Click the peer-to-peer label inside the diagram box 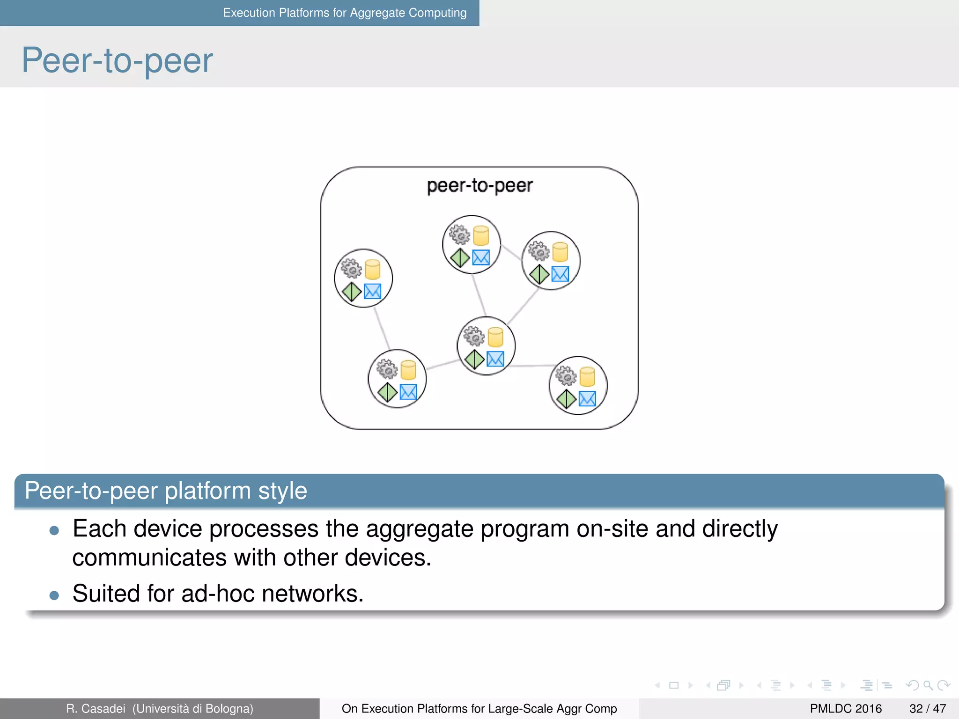click(479, 185)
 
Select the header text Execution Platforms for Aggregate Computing click(345, 13)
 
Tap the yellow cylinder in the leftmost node click(372, 269)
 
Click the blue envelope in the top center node click(481, 257)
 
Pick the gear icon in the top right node click(539, 251)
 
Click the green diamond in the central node click(474, 359)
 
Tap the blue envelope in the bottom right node click(587, 399)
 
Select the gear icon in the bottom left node click(387, 369)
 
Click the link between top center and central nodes click(479, 295)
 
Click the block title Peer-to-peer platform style click(166, 491)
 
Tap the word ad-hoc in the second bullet click(218, 594)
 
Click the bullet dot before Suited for click(54, 595)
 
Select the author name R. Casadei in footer click(96, 709)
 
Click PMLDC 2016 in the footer click(846, 709)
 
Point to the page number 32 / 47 click(927, 709)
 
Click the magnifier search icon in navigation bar click(928, 686)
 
